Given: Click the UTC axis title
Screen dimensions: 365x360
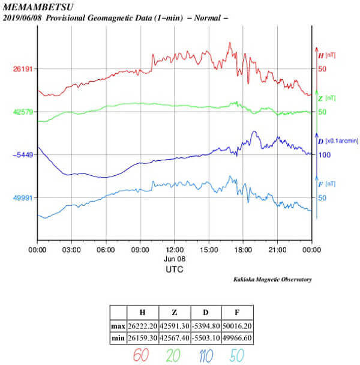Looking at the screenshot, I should [x=175, y=270].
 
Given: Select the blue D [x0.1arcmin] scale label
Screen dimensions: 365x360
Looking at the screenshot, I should [x=338, y=140].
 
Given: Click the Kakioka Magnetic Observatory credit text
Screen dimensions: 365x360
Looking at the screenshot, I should [x=272, y=280].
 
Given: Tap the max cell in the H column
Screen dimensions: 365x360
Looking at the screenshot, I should [x=143, y=325].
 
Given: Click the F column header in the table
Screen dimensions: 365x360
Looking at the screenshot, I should [x=236, y=312].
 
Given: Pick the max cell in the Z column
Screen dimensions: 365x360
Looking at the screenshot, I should [x=174, y=325].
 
